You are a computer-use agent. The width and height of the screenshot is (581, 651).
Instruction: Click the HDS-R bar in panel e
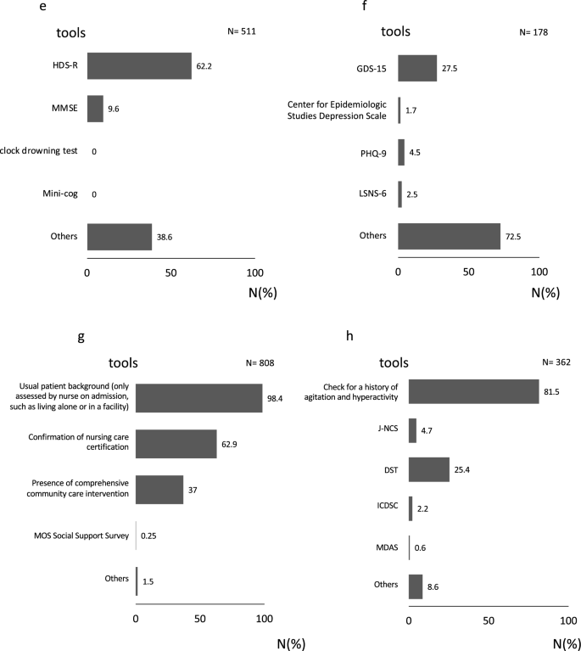click(x=139, y=65)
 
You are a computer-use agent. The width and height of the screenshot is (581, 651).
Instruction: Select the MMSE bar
click(x=95, y=108)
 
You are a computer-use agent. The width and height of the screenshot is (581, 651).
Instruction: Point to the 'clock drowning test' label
click(x=40, y=150)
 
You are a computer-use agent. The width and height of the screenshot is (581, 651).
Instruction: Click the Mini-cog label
click(x=60, y=194)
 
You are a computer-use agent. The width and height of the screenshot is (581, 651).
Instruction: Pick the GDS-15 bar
click(x=417, y=69)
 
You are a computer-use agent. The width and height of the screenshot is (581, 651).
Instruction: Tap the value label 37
click(x=193, y=491)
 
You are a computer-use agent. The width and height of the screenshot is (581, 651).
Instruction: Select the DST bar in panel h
click(x=428, y=469)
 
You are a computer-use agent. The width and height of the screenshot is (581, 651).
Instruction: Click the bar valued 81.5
click(x=473, y=390)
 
